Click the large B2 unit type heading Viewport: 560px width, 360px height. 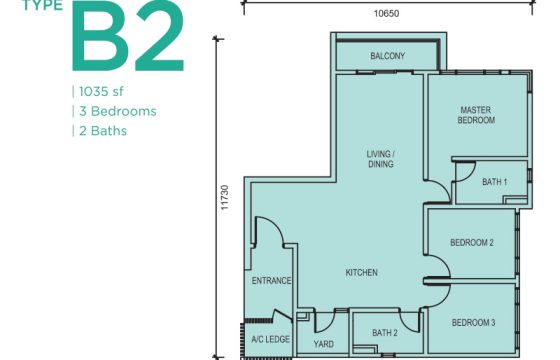[x=128, y=36]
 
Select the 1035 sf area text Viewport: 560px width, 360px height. [x=101, y=92]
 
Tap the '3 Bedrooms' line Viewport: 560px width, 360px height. [x=118, y=111]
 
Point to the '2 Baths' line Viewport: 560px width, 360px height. [x=103, y=131]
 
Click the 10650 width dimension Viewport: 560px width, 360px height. [x=386, y=14]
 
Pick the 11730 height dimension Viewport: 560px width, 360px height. [x=224, y=197]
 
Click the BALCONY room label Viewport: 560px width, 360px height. [x=388, y=56]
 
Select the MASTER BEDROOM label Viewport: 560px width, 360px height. [x=476, y=115]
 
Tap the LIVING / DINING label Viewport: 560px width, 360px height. [x=381, y=159]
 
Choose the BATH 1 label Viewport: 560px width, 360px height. [x=495, y=182]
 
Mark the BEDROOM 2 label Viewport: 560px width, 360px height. [x=472, y=243]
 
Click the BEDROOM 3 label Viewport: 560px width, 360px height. [x=474, y=323]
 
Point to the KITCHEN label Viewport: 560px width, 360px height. [x=361, y=273]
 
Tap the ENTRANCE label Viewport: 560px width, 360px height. [x=271, y=281]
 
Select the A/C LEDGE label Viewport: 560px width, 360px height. [x=270, y=339]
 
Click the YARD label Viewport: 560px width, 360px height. [x=324, y=344]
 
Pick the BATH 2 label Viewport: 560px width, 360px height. [x=385, y=333]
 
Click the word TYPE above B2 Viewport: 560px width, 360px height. [x=43, y=5]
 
